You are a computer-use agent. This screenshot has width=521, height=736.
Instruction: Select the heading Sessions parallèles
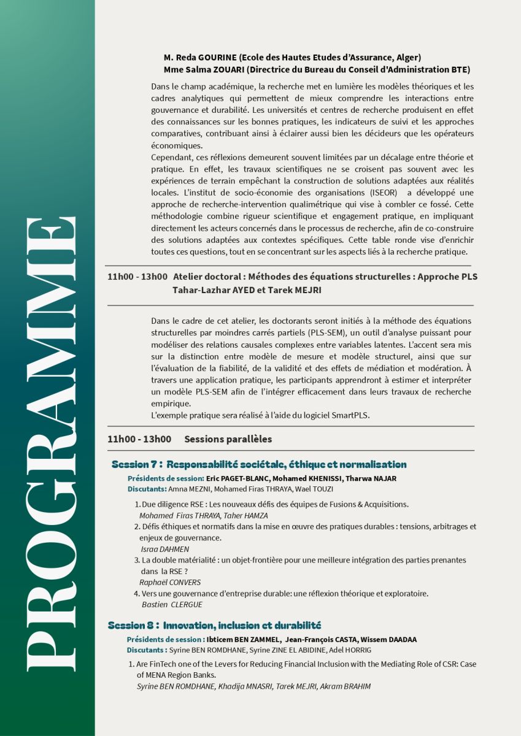(228, 439)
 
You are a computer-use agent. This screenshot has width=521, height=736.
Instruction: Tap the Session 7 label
(136, 464)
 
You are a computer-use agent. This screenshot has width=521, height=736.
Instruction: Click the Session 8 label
(133, 626)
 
